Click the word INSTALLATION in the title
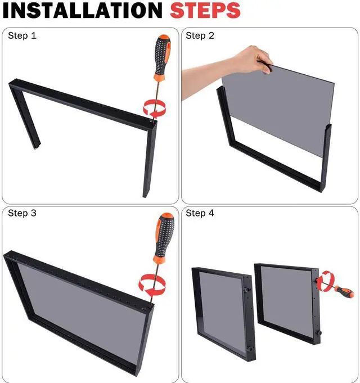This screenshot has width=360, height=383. pos(82,10)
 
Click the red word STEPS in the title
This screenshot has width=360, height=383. pos(205,10)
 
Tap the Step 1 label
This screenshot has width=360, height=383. pos(22,35)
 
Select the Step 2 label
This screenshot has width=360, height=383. pos(200,35)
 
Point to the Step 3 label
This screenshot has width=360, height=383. pos(22,213)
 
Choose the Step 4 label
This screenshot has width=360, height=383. pos(200,213)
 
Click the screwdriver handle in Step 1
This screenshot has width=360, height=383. pos(161,57)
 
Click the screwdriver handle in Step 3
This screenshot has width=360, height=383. pos(164,237)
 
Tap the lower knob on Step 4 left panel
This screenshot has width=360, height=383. pos(250,349)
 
